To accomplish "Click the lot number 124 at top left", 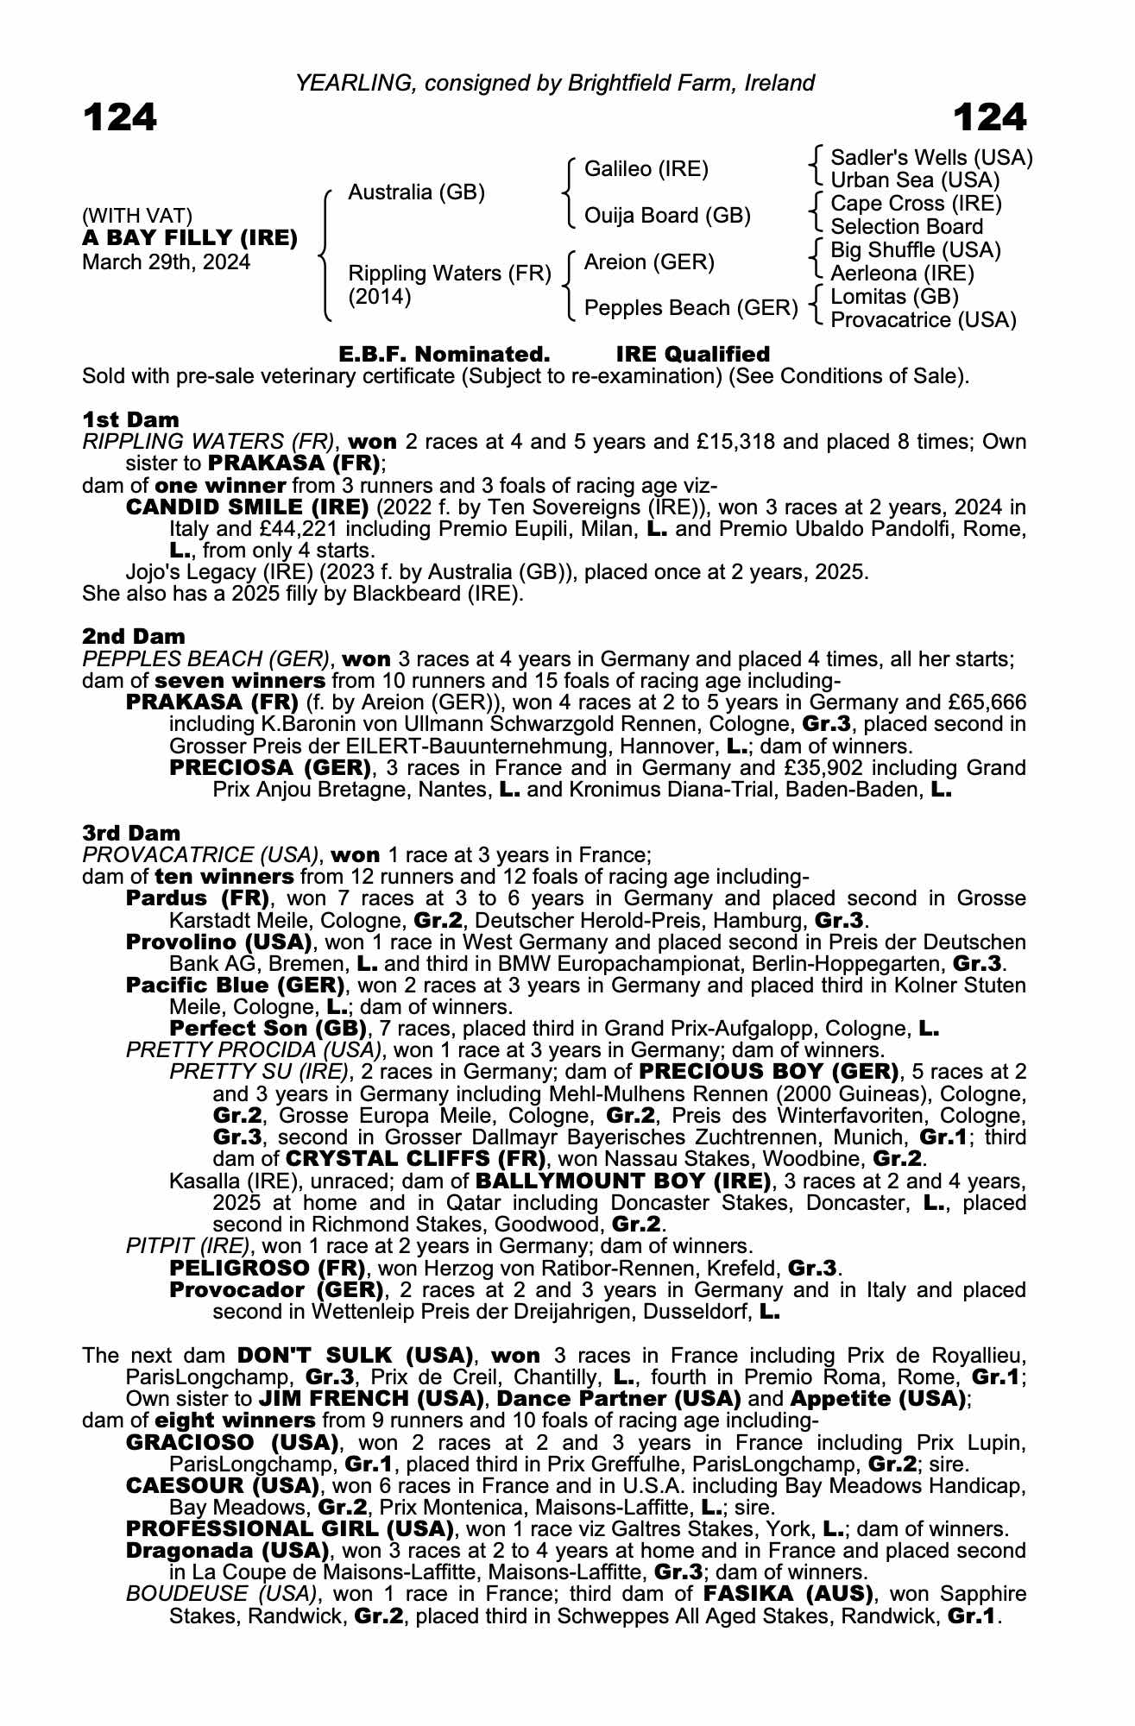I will coord(120,117).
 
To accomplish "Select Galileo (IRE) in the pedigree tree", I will coord(646,169).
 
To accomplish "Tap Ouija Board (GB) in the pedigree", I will coord(667,216).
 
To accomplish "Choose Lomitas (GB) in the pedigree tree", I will coord(894,297).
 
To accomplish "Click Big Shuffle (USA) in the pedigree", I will coord(915,250).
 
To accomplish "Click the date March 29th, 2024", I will coord(166,262).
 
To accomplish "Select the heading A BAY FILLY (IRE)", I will coord(190,238).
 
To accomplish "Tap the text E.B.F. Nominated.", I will coord(444,355).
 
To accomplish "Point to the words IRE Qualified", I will coord(692,355).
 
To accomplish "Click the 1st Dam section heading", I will coord(131,420).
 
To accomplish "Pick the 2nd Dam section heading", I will coord(134,637).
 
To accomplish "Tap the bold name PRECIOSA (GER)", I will coord(270,767).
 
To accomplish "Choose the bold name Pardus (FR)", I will coord(197,898).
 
